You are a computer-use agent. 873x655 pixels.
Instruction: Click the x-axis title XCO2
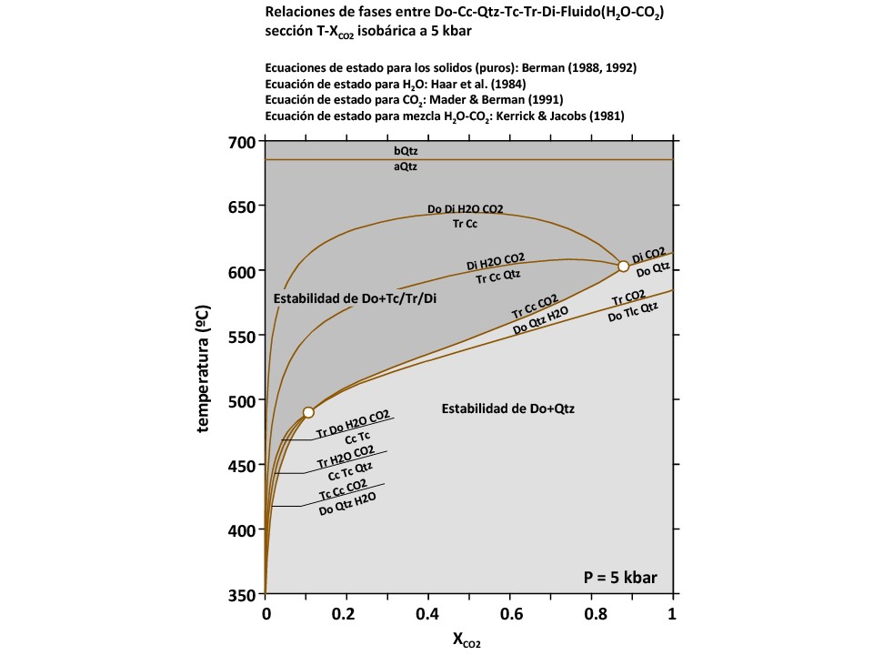click(x=467, y=640)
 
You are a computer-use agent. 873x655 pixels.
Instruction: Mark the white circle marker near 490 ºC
click(x=308, y=412)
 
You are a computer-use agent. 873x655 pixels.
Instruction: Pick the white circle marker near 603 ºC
click(x=623, y=266)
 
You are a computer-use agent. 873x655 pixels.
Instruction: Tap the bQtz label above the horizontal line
click(x=406, y=150)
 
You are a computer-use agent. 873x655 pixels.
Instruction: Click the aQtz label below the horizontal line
click(x=406, y=167)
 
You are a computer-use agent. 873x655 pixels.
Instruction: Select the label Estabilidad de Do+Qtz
click(x=507, y=409)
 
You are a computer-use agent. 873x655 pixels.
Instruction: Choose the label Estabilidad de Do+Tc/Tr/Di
click(x=349, y=298)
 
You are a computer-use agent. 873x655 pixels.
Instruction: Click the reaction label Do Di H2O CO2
click(x=466, y=209)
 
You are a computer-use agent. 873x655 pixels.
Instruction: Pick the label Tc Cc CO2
click(x=343, y=489)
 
